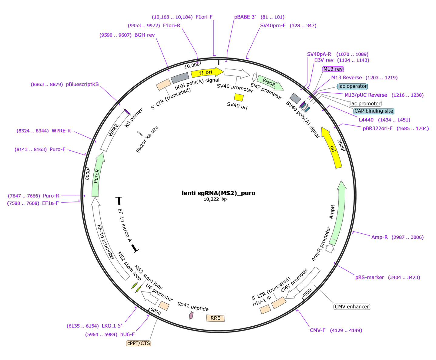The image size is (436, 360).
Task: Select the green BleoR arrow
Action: (x=270, y=82)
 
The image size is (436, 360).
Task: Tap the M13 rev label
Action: (x=333, y=69)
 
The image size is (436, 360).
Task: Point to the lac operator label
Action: (x=352, y=86)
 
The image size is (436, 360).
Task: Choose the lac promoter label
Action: (x=365, y=104)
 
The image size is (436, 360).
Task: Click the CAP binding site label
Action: (x=374, y=111)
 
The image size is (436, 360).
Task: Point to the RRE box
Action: (x=215, y=318)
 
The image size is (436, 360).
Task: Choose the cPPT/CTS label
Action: (x=139, y=343)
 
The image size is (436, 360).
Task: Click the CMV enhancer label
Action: (x=352, y=307)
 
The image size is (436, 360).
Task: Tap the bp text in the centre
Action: (x=224, y=199)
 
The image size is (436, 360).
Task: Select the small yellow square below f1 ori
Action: (x=239, y=97)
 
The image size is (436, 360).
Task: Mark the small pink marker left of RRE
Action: (x=191, y=315)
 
